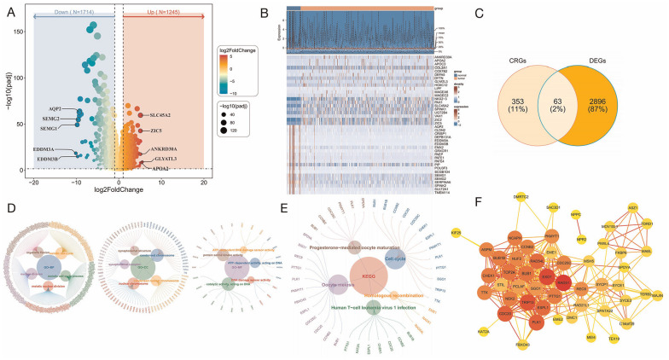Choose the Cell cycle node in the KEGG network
click(398, 256)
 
